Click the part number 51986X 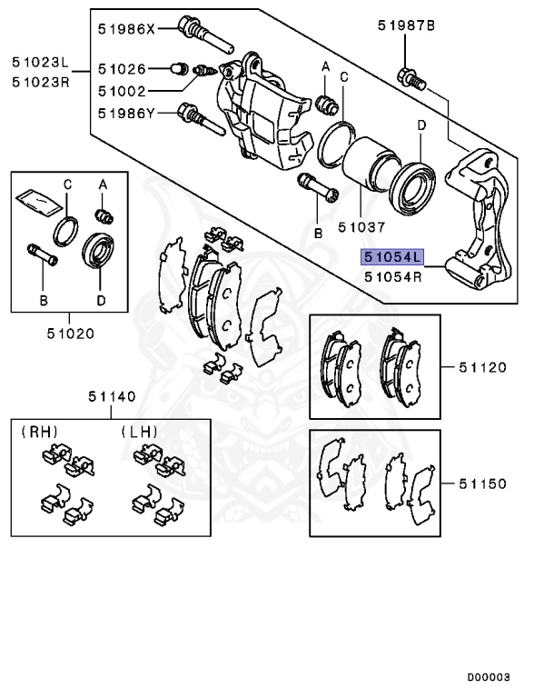(x=128, y=28)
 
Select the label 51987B (x=407, y=25)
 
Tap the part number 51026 (x=122, y=68)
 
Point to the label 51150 (x=480, y=484)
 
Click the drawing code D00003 (x=495, y=677)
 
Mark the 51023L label (x=40, y=63)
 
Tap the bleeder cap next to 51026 (x=179, y=67)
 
